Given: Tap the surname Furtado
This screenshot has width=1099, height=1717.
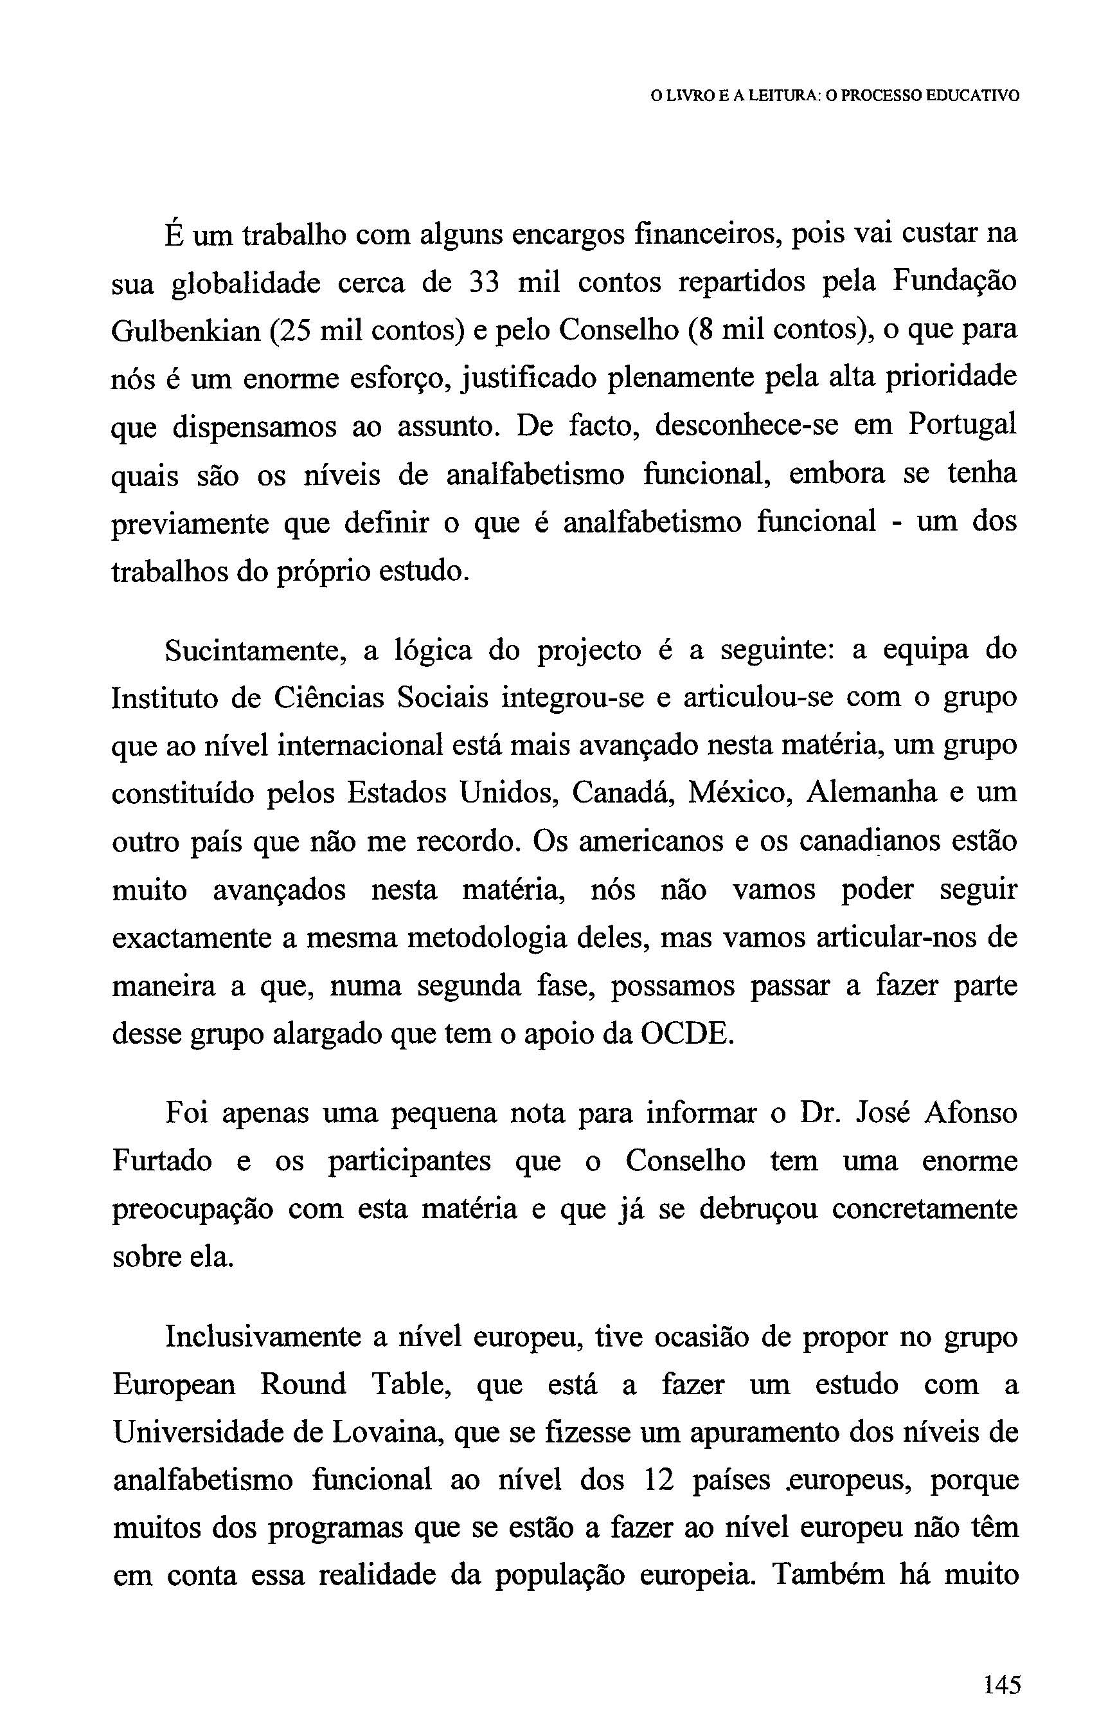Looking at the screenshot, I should [x=162, y=1161].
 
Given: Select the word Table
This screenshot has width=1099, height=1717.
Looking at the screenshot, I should [x=409, y=1385].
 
